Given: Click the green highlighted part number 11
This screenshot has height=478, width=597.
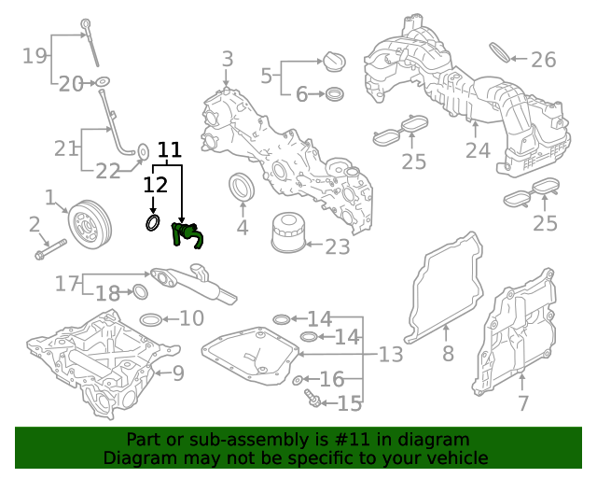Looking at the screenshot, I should click(186, 235).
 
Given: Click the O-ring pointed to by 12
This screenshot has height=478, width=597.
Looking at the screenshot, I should click(154, 224).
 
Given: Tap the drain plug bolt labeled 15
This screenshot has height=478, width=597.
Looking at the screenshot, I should click(313, 401).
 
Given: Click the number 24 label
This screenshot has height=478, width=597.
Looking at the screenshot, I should click(478, 150).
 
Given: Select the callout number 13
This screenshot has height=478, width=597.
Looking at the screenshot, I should click(390, 355).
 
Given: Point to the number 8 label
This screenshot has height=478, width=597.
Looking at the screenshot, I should click(448, 354).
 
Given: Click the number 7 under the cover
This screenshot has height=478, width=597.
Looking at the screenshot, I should click(522, 403).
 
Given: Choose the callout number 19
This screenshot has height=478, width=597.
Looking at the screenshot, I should click(35, 56).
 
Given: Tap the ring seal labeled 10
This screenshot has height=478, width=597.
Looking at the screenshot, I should click(148, 320).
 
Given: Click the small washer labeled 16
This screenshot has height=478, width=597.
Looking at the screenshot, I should click(298, 380).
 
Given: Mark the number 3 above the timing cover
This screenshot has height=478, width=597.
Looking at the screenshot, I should click(227, 61).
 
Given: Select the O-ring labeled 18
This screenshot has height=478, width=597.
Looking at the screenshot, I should click(140, 292).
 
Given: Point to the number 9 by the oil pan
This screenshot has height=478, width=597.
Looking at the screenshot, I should click(177, 374).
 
